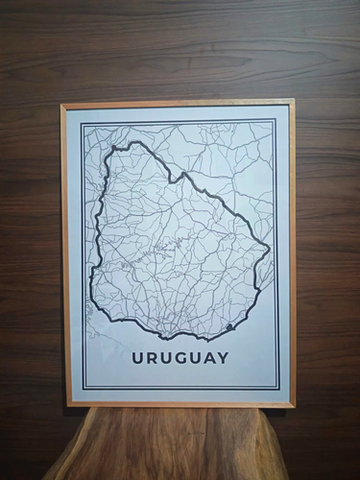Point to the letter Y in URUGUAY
point(224,359)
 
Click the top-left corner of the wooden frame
point(61,104)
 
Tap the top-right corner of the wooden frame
point(293,100)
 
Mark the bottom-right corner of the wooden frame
point(294,406)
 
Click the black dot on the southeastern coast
point(229,328)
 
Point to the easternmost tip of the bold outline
point(270,251)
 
